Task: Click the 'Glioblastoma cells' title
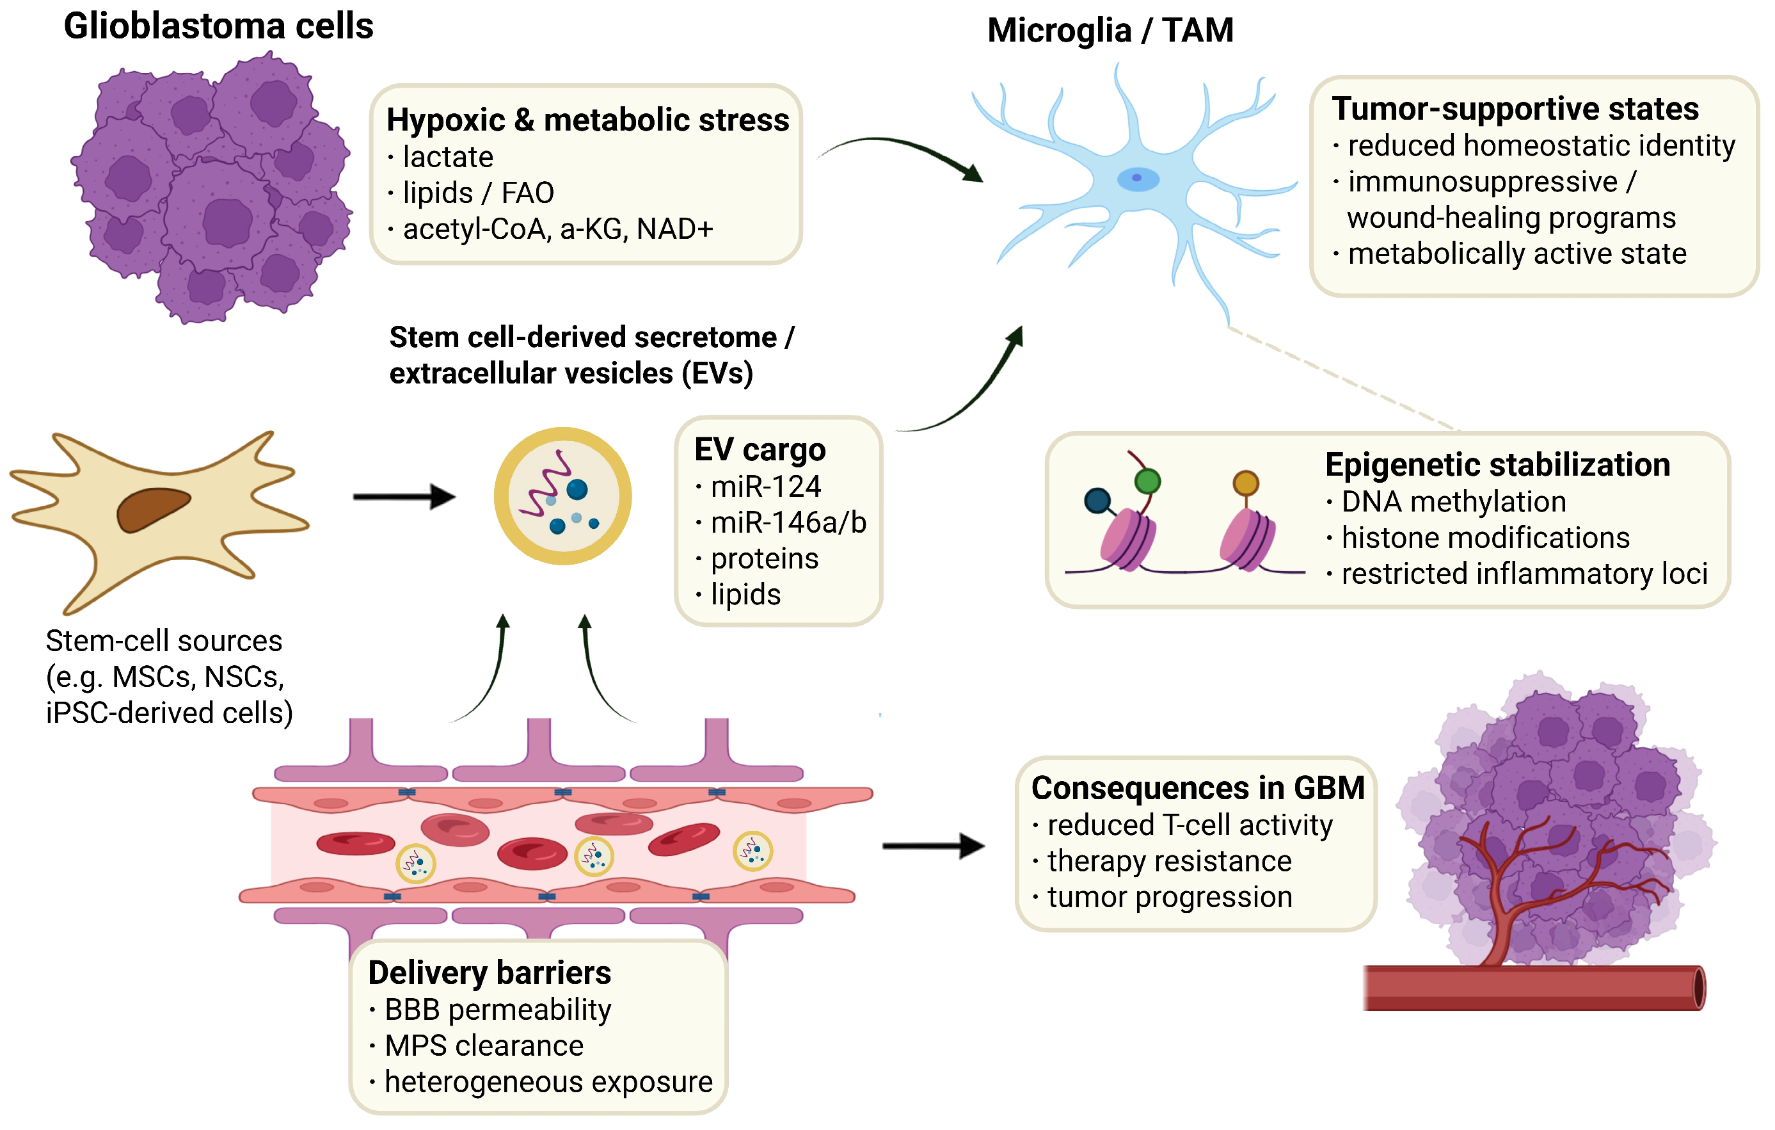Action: click(x=218, y=26)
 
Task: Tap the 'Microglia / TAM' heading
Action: click(x=1110, y=31)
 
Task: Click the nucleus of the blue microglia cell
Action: click(x=1138, y=179)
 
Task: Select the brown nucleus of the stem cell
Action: click(x=154, y=509)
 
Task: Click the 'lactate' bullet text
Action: click(x=447, y=157)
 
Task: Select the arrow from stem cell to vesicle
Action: click(x=404, y=496)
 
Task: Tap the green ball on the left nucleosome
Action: click(x=1147, y=481)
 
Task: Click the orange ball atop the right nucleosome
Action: click(x=1246, y=483)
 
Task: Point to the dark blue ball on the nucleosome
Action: click(x=1097, y=501)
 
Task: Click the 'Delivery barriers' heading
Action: click(x=490, y=973)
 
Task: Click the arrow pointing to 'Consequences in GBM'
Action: click(x=933, y=846)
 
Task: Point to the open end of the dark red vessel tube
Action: click(x=1699, y=988)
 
